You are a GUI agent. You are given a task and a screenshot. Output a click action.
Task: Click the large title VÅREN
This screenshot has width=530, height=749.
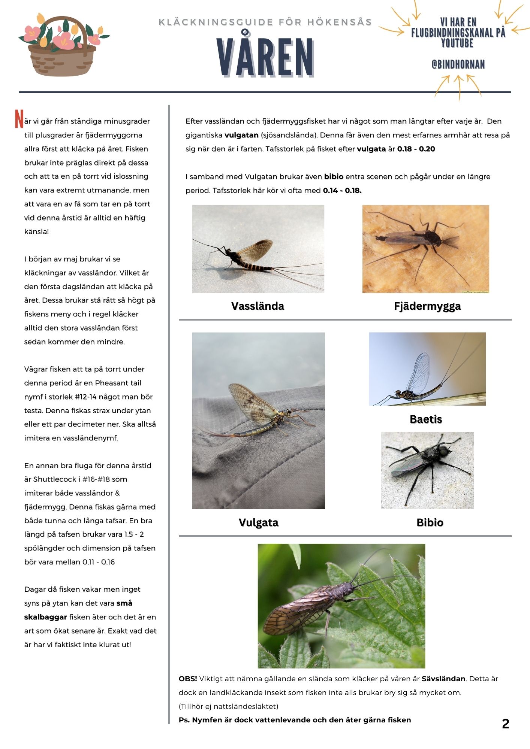[x=265, y=58]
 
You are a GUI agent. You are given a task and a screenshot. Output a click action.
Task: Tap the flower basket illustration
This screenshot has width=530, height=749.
[x=62, y=45]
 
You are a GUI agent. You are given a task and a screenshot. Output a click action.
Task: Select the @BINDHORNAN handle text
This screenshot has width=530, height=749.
[x=458, y=65]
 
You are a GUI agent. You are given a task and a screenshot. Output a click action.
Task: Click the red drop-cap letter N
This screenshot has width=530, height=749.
[x=19, y=119]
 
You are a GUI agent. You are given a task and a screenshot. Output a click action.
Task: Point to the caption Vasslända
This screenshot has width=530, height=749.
[x=258, y=306]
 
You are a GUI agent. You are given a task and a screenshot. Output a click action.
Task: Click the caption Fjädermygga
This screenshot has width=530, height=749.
[x=427, y=306]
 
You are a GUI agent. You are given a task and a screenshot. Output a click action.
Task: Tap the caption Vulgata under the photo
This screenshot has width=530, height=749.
[x=258, y=522]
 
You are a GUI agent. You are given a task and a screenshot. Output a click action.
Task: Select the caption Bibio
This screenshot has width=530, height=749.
[x=430, y=522]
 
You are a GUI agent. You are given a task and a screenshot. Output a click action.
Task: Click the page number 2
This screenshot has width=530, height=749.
[x=505, y=724]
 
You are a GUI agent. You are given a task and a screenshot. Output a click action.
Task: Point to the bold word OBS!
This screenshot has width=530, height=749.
[x=188, y=679]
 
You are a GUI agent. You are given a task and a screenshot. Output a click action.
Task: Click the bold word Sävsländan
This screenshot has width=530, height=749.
[x=443, y=679]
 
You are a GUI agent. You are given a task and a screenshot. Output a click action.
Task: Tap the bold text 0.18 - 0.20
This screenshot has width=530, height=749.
[x=416, y=149]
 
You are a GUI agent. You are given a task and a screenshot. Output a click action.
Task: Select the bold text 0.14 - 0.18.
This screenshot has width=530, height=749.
[x=342, y=190]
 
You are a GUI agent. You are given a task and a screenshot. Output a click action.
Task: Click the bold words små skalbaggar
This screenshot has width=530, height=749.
[x=79, y=610]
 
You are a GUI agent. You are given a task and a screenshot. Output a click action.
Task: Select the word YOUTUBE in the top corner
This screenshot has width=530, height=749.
[x=457, y=43]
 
